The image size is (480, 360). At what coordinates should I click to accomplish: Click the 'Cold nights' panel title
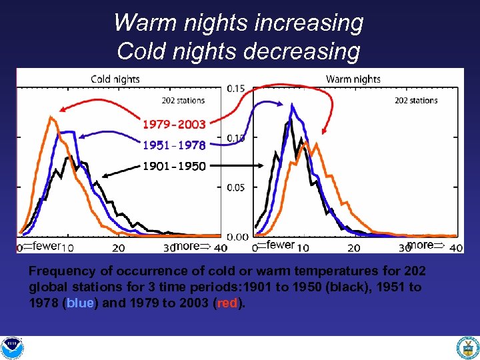115,79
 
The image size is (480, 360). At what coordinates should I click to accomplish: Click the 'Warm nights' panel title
353,79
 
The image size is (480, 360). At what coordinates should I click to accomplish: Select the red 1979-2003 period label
174,124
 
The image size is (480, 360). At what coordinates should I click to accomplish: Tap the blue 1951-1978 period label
174,145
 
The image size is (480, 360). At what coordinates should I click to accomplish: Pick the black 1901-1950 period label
174,167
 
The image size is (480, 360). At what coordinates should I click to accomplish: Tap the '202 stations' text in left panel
183,101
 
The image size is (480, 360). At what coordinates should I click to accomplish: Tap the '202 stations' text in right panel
416,101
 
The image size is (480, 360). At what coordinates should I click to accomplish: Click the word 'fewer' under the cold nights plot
46,246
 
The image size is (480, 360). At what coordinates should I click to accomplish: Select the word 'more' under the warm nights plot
420,245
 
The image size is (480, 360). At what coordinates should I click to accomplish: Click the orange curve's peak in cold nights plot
51,117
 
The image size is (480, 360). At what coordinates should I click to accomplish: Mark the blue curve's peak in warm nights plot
291,105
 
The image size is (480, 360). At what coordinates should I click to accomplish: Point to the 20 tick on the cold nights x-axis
118,248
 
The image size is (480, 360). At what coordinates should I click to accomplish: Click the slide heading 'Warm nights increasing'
239,23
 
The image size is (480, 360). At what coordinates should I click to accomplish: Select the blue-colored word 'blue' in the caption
80,303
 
